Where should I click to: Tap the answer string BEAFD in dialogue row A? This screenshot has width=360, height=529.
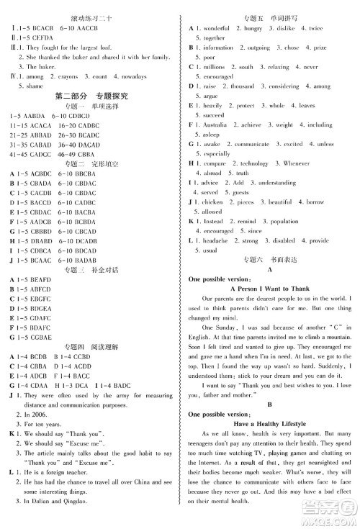(x=42, y=279)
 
